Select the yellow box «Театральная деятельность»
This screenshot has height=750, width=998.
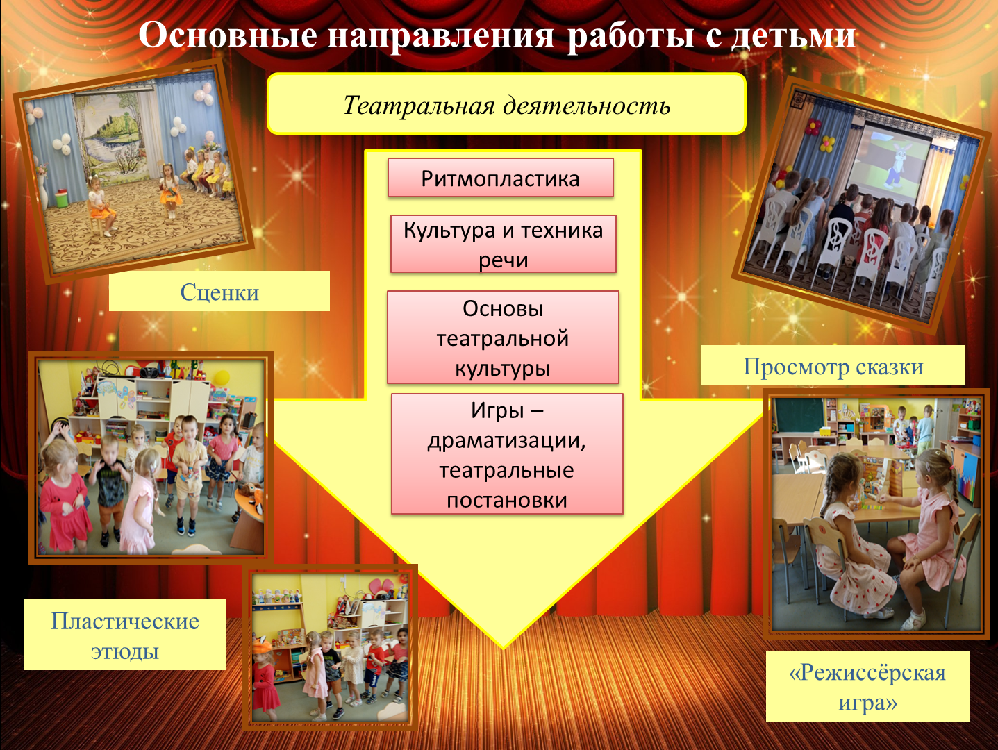pyautogui.click(x=506, y=103)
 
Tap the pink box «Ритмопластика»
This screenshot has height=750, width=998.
pyautogui.click(x=501, y=178)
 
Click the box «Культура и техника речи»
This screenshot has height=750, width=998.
pyautogui.click(x=504, y=244)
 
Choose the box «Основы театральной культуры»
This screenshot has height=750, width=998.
pyautogui.click(x=503, y=337)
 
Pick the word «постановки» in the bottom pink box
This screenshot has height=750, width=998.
pyautogui.click(x=507, y=500)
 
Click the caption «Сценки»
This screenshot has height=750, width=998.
pyautogui.click(x=219, y=292)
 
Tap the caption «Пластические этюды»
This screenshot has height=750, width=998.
pyautogui.click(x=124, y=635)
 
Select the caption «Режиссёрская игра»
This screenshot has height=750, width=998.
pyautogui.click(x=867, y=686)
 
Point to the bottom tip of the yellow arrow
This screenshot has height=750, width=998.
pyautogui.click(x=503, y=649)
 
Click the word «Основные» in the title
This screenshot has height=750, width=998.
pyautogui.click(x=228, y=35)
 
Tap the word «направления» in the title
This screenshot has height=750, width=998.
pyautogui.click(x=440, y=36)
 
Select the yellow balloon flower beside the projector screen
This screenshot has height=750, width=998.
pyautogui.click(x=828, y=144)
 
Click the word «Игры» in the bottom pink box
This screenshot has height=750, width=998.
pyautogui.click(x=497, y=410)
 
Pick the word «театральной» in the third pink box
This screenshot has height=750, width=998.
pyautogui.click(x=502, y=339)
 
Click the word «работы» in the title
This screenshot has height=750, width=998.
pyautogui.click(x=632, y=36)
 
